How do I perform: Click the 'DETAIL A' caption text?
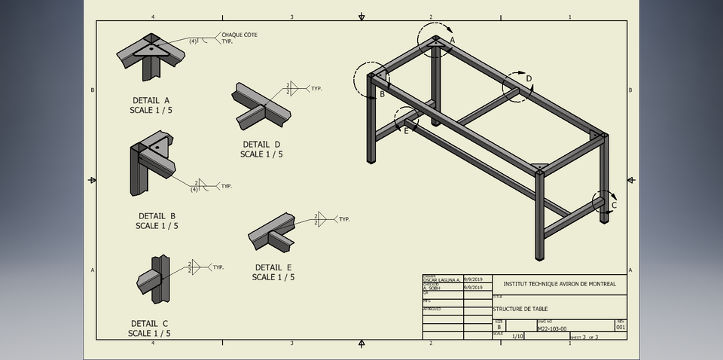coord(151,99)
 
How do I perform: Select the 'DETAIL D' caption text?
coord(261,144)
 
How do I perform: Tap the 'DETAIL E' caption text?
coord(273,267)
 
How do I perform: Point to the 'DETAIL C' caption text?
coord(149,323)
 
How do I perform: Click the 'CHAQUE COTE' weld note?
coord(239,35)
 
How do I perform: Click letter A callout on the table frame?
coord(453,39)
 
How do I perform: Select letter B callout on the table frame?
coord(382,95)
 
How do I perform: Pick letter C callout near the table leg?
coord(614,205)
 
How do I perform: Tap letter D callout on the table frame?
coord(529,78)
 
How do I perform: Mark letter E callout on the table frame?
coord(406,130)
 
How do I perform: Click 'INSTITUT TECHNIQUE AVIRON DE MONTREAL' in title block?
coord(558,284)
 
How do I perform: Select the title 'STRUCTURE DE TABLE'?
coord(519,309)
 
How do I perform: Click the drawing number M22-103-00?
coord(552,328)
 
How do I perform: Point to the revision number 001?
coord(621,328)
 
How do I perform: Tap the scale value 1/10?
coord(517,337)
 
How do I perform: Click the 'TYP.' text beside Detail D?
coord(316,89)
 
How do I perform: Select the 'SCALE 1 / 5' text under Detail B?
coord(157,226)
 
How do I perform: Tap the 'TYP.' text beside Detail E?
coord(344,219)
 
